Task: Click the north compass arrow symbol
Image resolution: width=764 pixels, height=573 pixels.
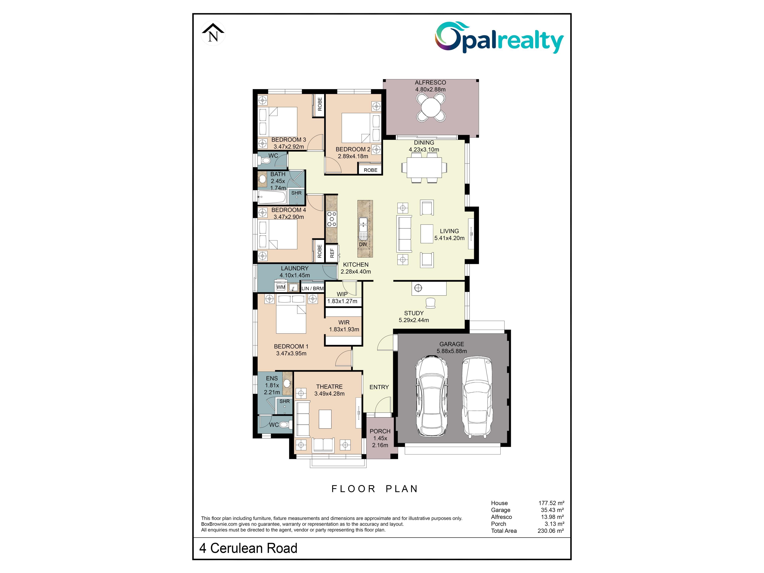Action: point(213,33)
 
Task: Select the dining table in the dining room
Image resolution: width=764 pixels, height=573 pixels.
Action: point(424,168)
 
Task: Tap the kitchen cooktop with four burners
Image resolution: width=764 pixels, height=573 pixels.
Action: point(332,219)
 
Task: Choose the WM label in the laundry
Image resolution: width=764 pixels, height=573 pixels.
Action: point(281,287)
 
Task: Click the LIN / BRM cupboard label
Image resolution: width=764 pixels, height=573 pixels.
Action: point(313,288)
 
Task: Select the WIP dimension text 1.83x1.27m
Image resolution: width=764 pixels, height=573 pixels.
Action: point(342,301)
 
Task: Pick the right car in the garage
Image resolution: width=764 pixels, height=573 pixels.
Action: point(477,397)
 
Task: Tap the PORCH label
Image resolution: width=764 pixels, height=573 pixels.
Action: point(380,431)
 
